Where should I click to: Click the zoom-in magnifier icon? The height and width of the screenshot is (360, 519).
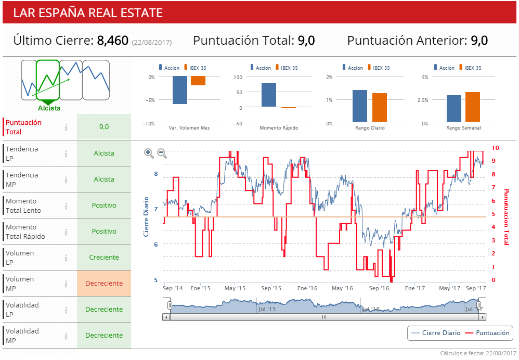pyautogui.click(x=149, y=153)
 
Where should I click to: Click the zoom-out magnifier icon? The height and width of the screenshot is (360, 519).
pyautogui.click(x=162, y=153)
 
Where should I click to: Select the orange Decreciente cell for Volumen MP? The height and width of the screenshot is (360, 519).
pyautogui.click(x=104, y=284)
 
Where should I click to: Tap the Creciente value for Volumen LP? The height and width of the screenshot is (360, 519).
pyautogui.click(x=104, y=258)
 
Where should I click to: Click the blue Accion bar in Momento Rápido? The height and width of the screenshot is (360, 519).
pyautogui.click(x=269, y=95)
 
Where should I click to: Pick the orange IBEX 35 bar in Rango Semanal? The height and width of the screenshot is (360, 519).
pyautogui.click(x=473, y=107)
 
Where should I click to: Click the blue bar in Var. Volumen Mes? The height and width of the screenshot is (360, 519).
pyautogui.click(x=180, y=90)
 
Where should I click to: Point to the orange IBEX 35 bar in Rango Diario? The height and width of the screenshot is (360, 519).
pyautogui.click(x=380, y=108)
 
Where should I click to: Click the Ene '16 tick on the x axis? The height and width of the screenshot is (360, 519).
pyautogui.click(x=307, y=288)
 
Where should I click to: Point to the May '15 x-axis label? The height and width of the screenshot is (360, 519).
pyautogui.click(x=235, y=288)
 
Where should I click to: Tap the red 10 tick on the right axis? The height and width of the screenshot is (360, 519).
pyautogui.click(x=496, y=148)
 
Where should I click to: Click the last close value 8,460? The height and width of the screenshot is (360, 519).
pyautogui.click(x=112, y=41)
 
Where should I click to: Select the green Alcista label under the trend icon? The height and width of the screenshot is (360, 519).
pyautogui.click(x=49, y=108)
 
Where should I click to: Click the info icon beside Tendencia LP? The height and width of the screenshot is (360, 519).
pyautogui.click(x=66, y=153)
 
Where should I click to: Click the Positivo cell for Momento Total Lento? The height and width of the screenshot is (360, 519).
pyautogui.click(x=104, y=205)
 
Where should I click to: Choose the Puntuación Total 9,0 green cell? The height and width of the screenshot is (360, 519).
pyautogui.click(x=104, y=127)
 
